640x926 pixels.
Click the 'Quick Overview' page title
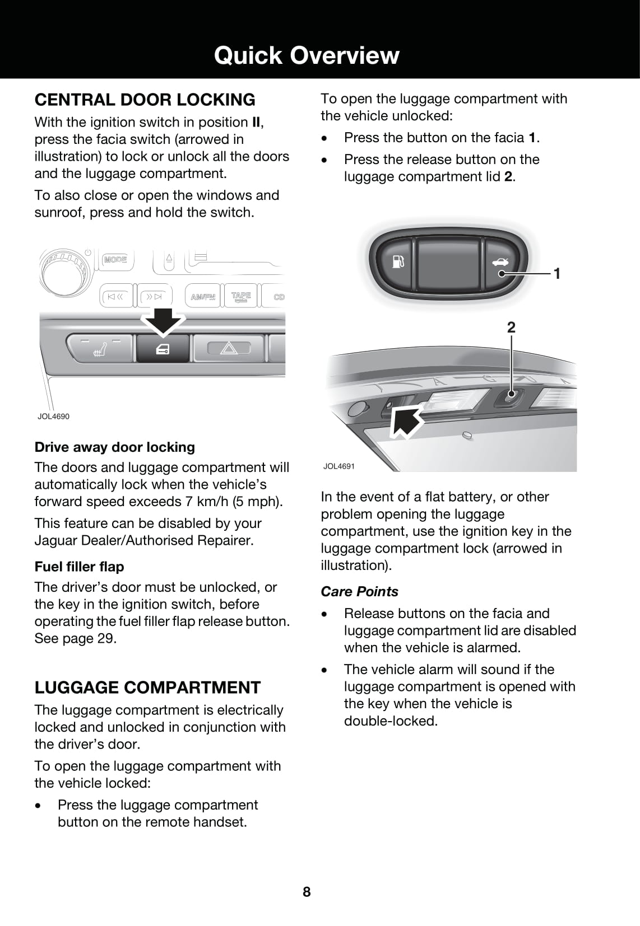tap(307, 55)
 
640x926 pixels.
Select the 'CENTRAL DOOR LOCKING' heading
tap(145, 100)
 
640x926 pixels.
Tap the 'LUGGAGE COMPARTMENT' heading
tap(147, 688)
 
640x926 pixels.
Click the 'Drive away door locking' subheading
tap(115, 447)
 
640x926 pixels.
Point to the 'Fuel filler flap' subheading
tap(79, 567)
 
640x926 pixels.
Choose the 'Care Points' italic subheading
tap(359, 591)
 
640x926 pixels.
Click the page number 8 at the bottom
tap(307, 892)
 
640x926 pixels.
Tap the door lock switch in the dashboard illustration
tap(163, 349)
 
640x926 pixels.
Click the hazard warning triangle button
tap(229, 349)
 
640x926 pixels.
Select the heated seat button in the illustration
tap(99, 349)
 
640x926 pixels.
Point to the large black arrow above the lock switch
tap(162, 321)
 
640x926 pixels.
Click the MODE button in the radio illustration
tap(115, 259)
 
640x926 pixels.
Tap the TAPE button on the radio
tap(241, 296)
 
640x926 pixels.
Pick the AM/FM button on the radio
tap(203, 297)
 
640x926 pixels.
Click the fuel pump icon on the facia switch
tap(398, 261)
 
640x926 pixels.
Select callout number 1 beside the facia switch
tap(557, 273)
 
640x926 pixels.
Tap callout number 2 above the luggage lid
tap(511, 327)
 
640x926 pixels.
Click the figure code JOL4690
tap(53, 416)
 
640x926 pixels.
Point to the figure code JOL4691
tap(339, 466)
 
